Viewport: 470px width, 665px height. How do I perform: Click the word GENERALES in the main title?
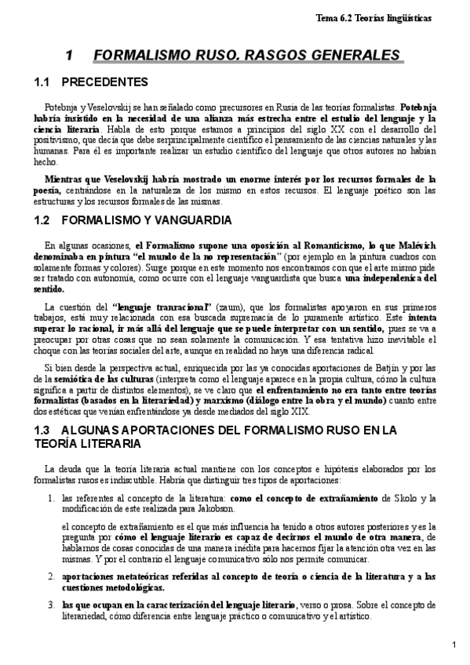[x=346, y=56]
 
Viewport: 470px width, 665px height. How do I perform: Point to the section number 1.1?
[x=43, y=82]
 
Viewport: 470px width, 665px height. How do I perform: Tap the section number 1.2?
[x=43, y=220]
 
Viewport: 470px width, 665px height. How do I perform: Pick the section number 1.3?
[x=43, y=431]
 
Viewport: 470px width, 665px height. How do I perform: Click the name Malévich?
[x=414, y=245]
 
